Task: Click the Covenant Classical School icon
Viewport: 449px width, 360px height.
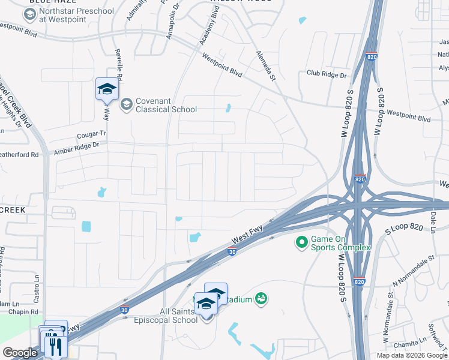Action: coord(126,105)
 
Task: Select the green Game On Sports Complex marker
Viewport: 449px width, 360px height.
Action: coord(301,242)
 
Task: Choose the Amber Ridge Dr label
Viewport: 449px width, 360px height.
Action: coord(76,149)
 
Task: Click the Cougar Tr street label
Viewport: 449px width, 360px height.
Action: coord(91,134)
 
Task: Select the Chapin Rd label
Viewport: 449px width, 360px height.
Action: coord(26,312)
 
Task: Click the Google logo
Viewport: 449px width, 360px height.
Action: coord(20,353)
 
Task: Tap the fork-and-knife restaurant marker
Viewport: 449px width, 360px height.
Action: coord(55,346)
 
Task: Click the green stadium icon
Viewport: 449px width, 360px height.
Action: coord(261,298)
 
